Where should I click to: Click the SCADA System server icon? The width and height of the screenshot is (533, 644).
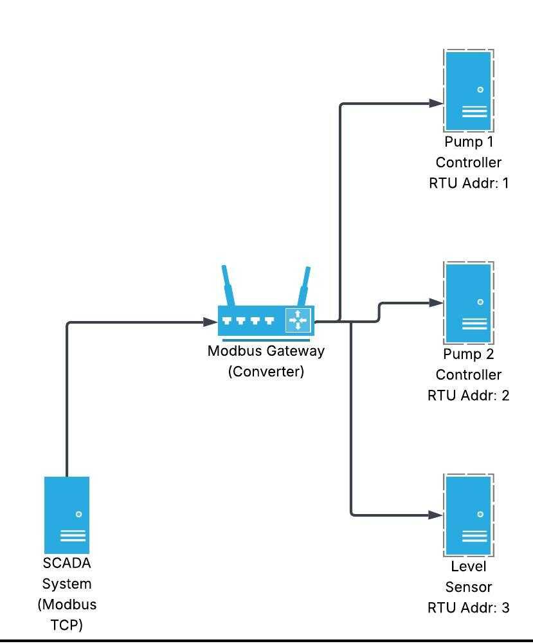click(x=67, y=515)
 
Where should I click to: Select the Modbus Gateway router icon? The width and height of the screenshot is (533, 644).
click(x=266, y=320)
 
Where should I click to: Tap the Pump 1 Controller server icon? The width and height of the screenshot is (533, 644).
click(x=469, y=90)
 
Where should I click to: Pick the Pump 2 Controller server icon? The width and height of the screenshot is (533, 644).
click(x=469, y=302)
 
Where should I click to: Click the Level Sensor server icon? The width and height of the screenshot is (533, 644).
click(x=469, y=515)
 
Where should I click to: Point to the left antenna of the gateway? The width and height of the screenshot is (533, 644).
click(x=228, y=285)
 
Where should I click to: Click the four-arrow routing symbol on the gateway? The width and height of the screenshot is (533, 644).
click(x=298, y=320)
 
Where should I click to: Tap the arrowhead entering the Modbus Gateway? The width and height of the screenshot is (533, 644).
click(x=211, y=322)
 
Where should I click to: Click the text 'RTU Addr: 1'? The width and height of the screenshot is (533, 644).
click(x=469, y=183)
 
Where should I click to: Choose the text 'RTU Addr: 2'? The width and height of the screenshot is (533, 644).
click(x=469, y=395)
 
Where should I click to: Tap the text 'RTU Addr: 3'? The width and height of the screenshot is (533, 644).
click(x=469, y=607)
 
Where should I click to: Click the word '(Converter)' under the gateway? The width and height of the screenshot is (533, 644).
click(x=266, y=372)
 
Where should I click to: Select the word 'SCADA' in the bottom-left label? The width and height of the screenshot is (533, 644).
click(x=67, y=564)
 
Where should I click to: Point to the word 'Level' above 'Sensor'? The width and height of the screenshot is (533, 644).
click(x=469, y=567)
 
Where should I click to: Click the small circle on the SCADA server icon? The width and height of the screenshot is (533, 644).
click(x=79, y=514)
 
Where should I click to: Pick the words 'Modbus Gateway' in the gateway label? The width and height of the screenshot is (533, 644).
click(x=266, y=351)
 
